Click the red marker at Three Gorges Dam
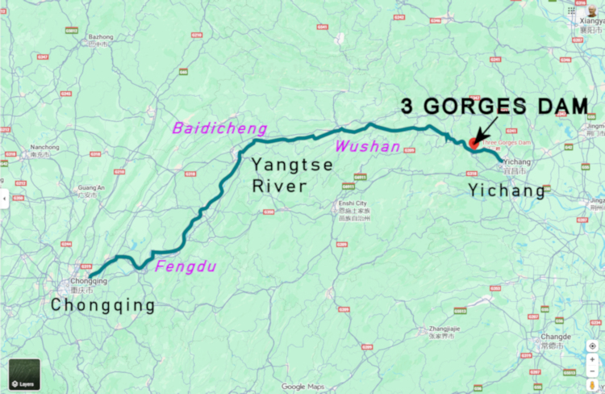pyautogui.click(x=473, y=142)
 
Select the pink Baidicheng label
pyautogui.click(x=207, y=128)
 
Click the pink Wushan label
pyautogui.click(x=368, y=146)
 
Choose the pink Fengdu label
pyautogui.click(x=186, y=266)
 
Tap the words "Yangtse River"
pyautogui.click(x=279, y=175)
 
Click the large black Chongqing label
pyautogui.click(x=102, y=305)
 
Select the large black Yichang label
pyautogui.click(x=507, y=191)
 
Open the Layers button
pyautogui.click(x=24, y=375)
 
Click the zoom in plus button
pyautogui.click(x=592, y=361)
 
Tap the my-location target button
pyautogui.click(x=592, y=346)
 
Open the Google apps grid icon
pyautogui.click(x=571, y=10)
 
